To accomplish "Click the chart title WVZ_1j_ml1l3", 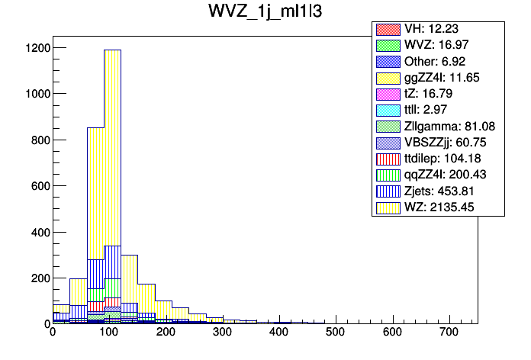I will click(x=265, y=13).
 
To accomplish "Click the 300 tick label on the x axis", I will click(x=222, y=332).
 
